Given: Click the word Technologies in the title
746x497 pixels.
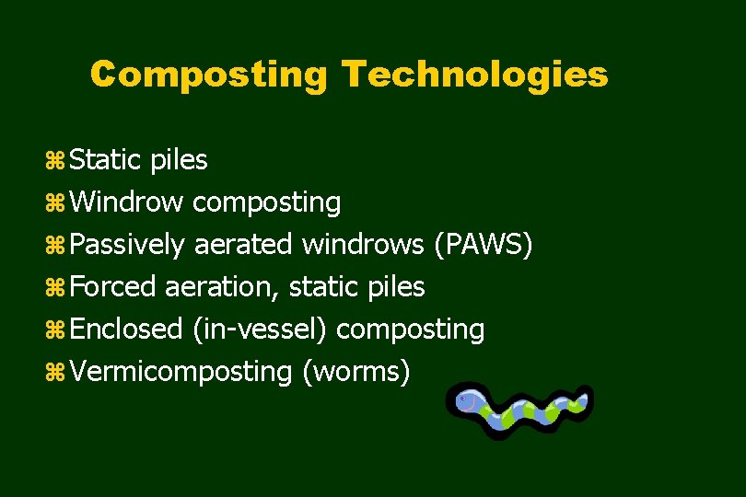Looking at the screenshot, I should (x=474, y=75).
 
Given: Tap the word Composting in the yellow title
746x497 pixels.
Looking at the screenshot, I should (x=208, y=75).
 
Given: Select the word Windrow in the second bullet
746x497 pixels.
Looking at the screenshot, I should (x=127, y=202).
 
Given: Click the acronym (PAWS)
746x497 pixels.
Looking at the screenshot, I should (x=483, y=245).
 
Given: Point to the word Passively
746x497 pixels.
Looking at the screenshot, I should (x=128, y=245).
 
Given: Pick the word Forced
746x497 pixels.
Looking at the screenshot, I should (x=113, y=287).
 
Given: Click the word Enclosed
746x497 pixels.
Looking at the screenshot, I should (x=126, y=329).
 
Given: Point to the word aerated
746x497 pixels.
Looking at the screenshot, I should (x=243, y=245).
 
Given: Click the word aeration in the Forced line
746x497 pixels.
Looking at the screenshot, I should (x=222, y=287).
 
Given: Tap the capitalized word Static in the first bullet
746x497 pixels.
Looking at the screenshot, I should (x=104, y=160).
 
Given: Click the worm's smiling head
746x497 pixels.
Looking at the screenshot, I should (x=469, y=400).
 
